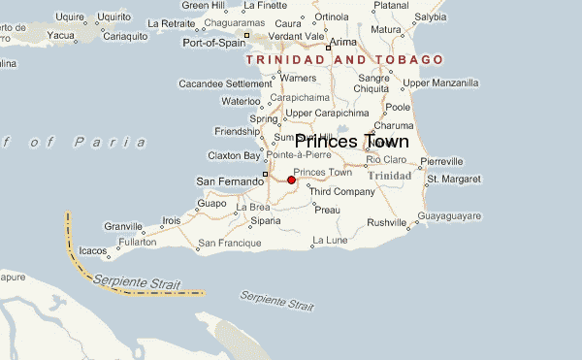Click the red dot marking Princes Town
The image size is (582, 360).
(x=291, y=180)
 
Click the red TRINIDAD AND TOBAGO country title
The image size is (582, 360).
(x=345, y=60)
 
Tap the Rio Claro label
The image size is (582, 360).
(x=386, y=159)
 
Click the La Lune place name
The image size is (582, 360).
(x=329, y=240)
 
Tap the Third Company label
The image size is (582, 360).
(x=341, y=191)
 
